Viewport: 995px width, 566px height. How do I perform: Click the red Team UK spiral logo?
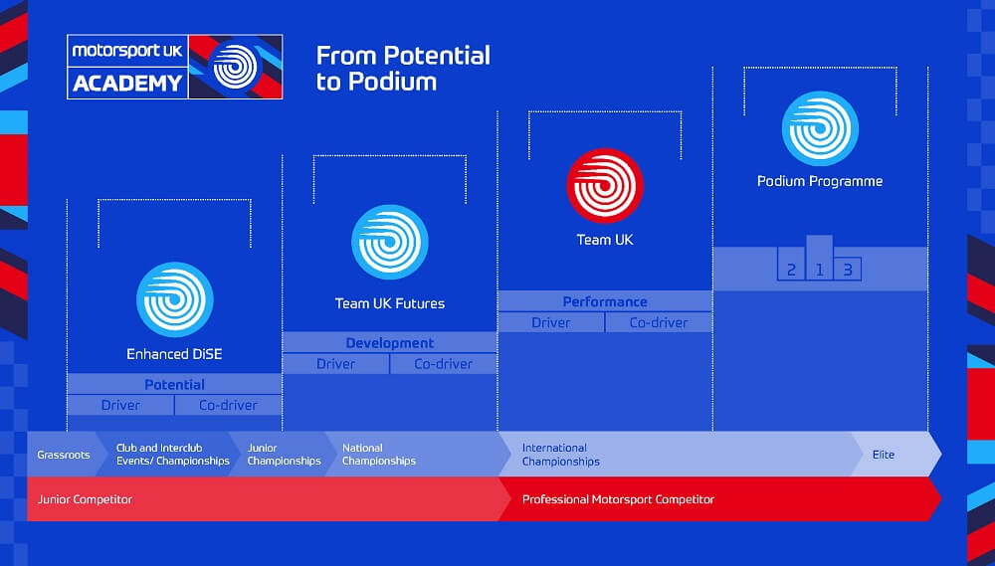(605, 185)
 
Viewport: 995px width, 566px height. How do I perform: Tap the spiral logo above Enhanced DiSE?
(174, 298)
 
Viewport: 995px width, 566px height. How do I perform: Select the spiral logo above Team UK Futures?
(390, 242)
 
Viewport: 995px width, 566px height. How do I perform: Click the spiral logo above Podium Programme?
(820, 128)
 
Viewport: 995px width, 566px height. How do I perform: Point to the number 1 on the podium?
(819, 271)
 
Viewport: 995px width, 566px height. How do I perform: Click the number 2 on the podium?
(791, 271)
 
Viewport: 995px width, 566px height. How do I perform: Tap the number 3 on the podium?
(847, 271)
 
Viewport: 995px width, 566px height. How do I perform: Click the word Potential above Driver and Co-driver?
(174, 385)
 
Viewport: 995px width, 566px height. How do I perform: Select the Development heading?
(390, 343)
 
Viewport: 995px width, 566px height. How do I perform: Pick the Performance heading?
(605, 302)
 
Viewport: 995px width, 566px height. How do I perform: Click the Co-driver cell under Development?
(444, 364)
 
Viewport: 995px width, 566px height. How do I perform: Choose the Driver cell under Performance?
(551, 322)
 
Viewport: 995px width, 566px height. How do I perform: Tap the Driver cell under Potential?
(120, 405)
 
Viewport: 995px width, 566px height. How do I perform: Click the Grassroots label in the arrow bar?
(64, 455)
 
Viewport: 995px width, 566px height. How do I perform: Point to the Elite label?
(884, 455)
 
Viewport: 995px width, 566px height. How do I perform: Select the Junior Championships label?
(284, 455)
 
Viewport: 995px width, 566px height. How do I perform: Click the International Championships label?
(561, 455)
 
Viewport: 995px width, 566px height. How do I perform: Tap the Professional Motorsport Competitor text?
(618, 499)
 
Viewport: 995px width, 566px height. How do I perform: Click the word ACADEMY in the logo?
(127, 84)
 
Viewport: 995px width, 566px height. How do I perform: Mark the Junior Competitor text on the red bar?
(85, 499)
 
